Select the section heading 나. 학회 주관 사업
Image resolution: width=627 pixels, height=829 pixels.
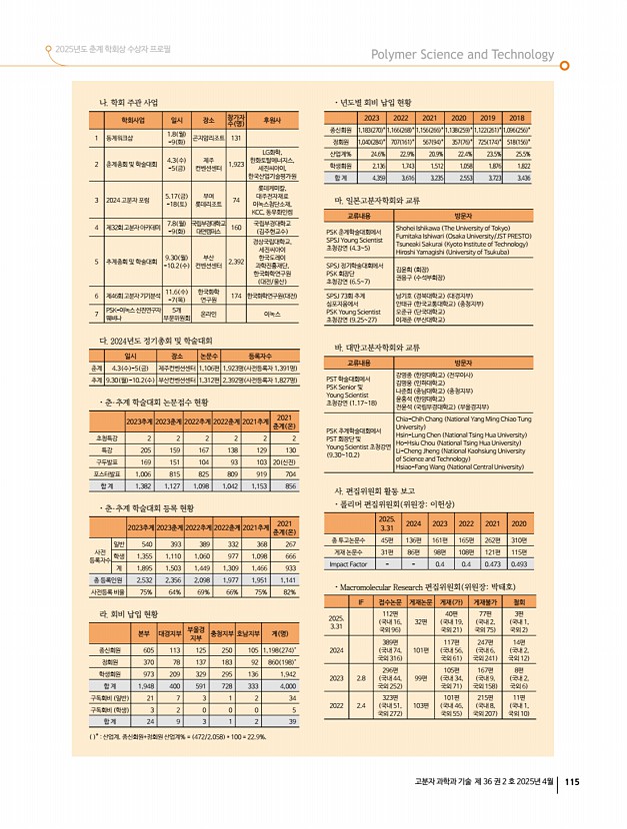[x=125, y=103]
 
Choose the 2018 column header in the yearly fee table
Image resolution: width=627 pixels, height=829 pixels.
[x=518, y=116]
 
